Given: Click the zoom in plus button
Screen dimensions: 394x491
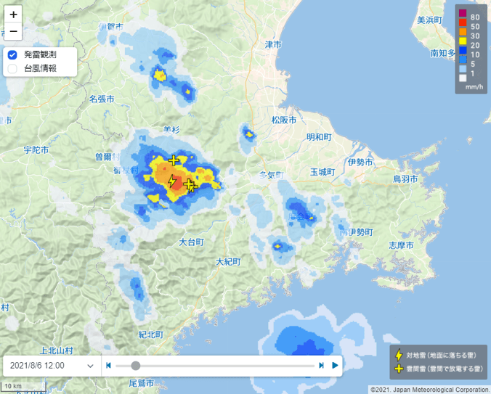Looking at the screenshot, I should pos(13,14).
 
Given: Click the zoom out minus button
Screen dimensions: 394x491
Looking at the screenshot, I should pos(13,32).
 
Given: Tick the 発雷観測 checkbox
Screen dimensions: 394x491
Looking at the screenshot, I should pos(12,54).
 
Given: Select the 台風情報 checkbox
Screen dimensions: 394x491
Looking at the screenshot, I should pos(12,69).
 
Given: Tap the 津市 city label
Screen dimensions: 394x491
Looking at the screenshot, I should pos(273,45).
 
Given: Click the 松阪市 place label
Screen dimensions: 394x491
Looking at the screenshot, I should pos(283,120).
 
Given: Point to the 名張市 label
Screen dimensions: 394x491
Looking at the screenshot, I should pos(102,99).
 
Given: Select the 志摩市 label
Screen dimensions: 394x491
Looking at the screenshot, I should pos(401,245).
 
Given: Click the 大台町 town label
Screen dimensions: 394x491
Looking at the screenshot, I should pos(191,242).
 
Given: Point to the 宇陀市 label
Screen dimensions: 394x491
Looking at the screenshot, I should pos(36,150).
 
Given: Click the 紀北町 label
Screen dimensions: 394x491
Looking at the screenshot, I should pos(151,335).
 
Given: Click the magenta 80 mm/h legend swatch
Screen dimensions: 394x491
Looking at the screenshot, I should pos(462,16).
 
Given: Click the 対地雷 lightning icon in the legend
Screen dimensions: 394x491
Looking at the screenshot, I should pos(399,355).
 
